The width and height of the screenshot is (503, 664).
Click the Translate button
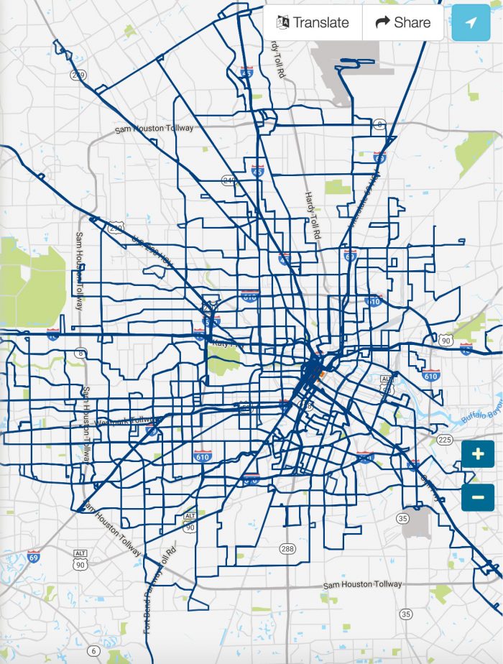click(313, 22)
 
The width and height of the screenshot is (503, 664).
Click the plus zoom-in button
click(478, 454)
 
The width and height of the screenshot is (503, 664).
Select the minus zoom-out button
click(478, 497)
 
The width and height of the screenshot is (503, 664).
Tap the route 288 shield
click(287, 549)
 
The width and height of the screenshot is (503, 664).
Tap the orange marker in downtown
click(323, 374)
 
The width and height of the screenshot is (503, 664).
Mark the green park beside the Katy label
click(223, 363)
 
